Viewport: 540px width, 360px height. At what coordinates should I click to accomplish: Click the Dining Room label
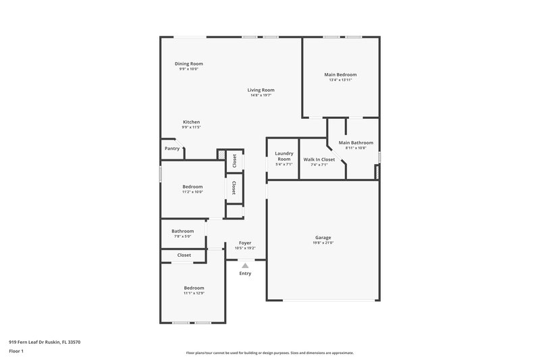pyautogui.click(x=189, y=63)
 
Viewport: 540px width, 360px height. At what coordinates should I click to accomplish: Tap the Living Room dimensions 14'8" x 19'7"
pyautogui.click(x=261, y=95)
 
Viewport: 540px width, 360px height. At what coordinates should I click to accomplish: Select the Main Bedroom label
pyautogui.click(x=340, y=74)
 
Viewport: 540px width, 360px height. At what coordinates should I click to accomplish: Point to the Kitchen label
pyautogui.click(x=191, y=122)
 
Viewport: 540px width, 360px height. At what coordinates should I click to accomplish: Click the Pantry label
pyautogui.click(x=172, y=149)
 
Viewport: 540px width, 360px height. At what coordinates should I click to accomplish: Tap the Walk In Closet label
pyautogui.click(x=319, y=159)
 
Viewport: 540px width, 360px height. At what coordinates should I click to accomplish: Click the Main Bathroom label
pyautogui.click(x=355, y=143)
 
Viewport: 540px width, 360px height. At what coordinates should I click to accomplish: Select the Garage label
pyautogui.click(x=323, y=237)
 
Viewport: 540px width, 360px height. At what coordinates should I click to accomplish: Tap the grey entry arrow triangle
pyautogui.click(x=245, y=266)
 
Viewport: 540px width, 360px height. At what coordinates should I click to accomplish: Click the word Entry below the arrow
pyautogui.click(x=245, y=274)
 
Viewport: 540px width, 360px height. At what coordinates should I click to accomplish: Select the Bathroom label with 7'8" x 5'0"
pyautogui.click(x=182, y=231)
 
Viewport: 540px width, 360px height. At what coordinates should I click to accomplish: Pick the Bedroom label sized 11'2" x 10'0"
pyautogui.click(x=192, y=186)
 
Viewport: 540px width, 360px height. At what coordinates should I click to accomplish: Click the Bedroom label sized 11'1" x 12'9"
pyautogui.click(x=194, y=288)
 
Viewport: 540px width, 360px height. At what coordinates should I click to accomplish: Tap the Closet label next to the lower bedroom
pyautogui.click(x=184, y=255)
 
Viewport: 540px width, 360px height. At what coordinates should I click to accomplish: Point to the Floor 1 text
pyautogui.click(x=16, y=352)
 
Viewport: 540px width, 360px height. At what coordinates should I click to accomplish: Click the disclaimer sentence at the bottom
pyautogui.click(x=269, y=353)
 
